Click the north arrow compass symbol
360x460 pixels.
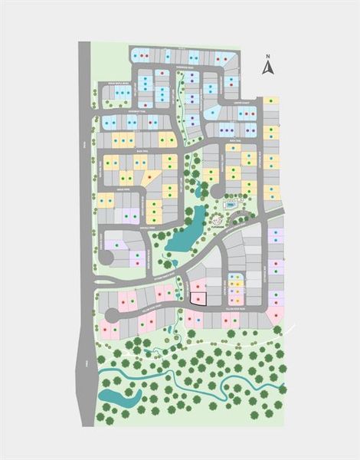[267, 67]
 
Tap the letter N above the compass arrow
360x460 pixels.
[267, 56]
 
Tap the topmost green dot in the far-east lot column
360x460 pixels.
[272, 101]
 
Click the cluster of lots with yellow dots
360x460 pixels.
[237, 289]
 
